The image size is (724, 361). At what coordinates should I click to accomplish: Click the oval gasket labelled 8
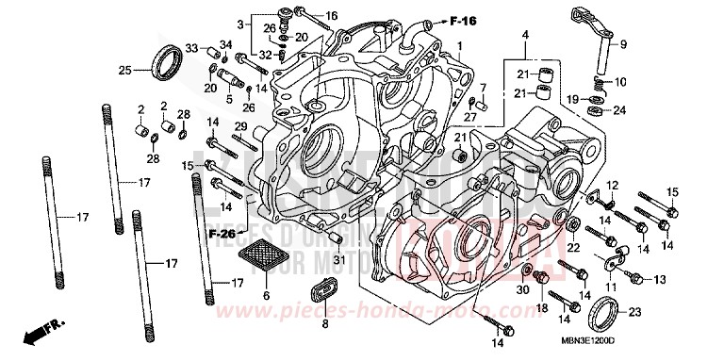(326, 293)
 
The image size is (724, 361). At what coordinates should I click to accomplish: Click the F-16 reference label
(461, 20)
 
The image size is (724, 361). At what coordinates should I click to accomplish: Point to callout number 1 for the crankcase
(459, 46)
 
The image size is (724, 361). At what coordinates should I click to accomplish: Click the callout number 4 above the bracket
(524, 35)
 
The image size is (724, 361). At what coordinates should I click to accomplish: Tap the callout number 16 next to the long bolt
(331, 16)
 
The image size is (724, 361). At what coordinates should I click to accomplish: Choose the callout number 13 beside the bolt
(659, 279)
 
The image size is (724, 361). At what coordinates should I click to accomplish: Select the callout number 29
(240, 126)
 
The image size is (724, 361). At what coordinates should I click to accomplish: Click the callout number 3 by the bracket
(240, 23)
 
